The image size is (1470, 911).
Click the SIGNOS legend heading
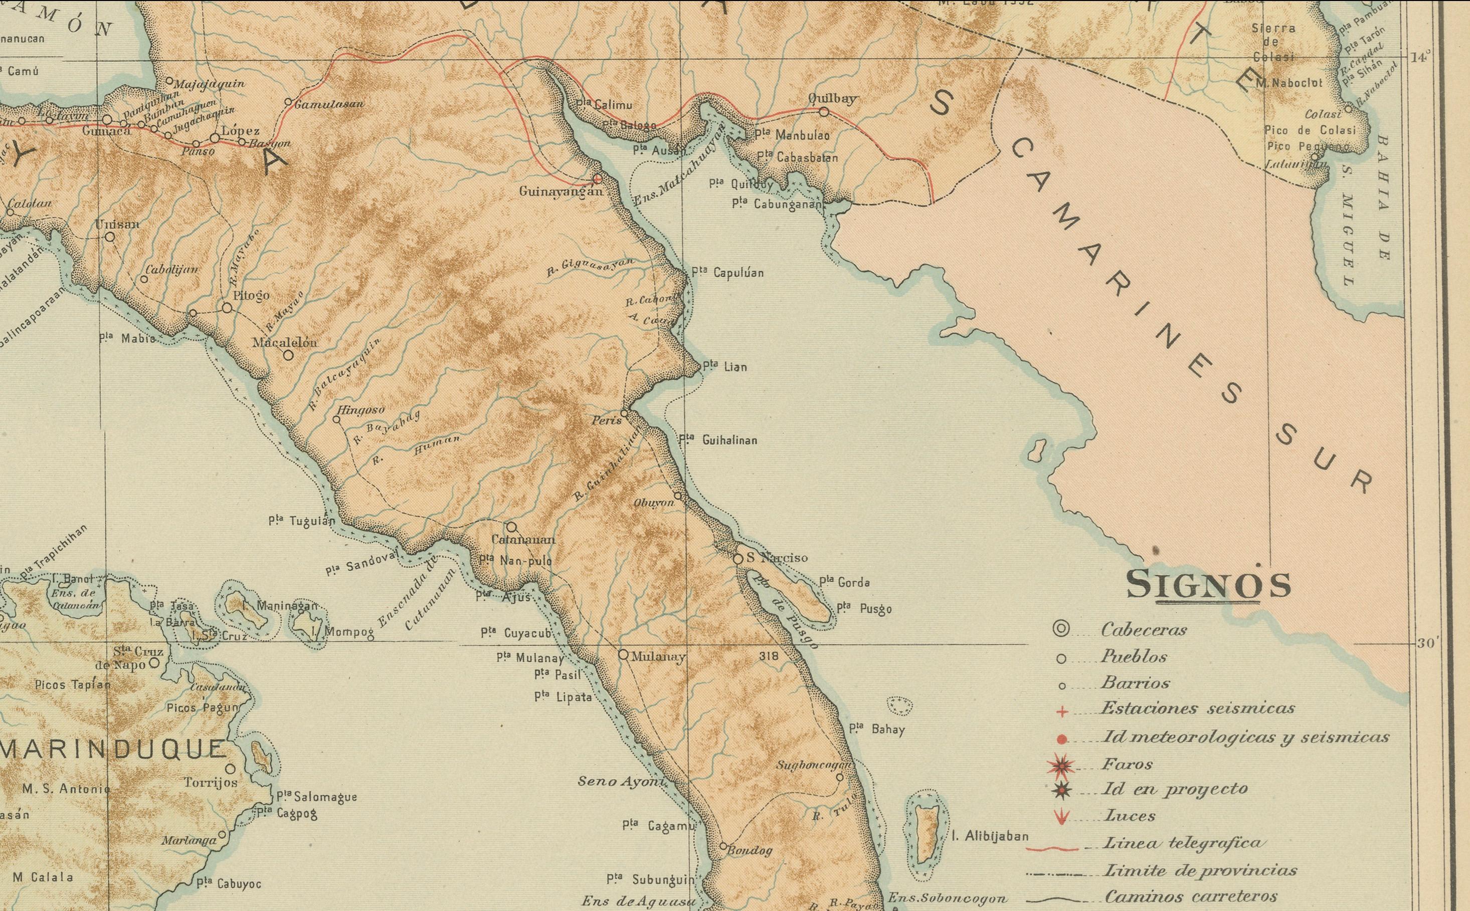pos(1208,584)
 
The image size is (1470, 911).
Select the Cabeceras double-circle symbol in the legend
pos(1060,630)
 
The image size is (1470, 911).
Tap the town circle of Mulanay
pos(623,654)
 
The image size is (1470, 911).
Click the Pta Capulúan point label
pos(727,273)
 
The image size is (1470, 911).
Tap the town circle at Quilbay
pos(824,112)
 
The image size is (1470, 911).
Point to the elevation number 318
pos(769,656)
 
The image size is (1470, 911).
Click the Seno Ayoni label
pos(620,782)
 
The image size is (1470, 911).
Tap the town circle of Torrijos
pos(230,769)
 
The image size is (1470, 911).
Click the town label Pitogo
pos(251,296)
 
